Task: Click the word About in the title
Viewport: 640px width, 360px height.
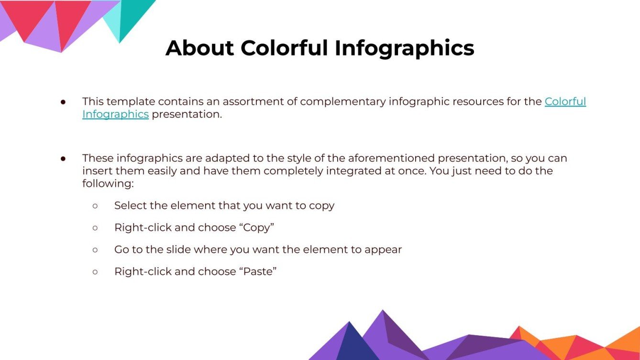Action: [199, 48]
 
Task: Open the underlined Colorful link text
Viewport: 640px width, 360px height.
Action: [565, 102]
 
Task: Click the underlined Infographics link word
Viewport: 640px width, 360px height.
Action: [115, 115]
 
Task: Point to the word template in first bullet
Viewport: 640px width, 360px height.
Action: [132, 102]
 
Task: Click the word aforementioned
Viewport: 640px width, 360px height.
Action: [392, 158]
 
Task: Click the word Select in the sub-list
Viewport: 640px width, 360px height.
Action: [130, 206]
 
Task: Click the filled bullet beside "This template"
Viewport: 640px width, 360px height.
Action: [63, 102]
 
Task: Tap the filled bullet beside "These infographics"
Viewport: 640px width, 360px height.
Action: [63, 158]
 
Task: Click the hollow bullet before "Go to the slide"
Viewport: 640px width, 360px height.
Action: [95, 250]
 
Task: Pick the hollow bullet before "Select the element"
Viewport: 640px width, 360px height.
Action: [95, 206]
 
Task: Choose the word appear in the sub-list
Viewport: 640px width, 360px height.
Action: [383, 250]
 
